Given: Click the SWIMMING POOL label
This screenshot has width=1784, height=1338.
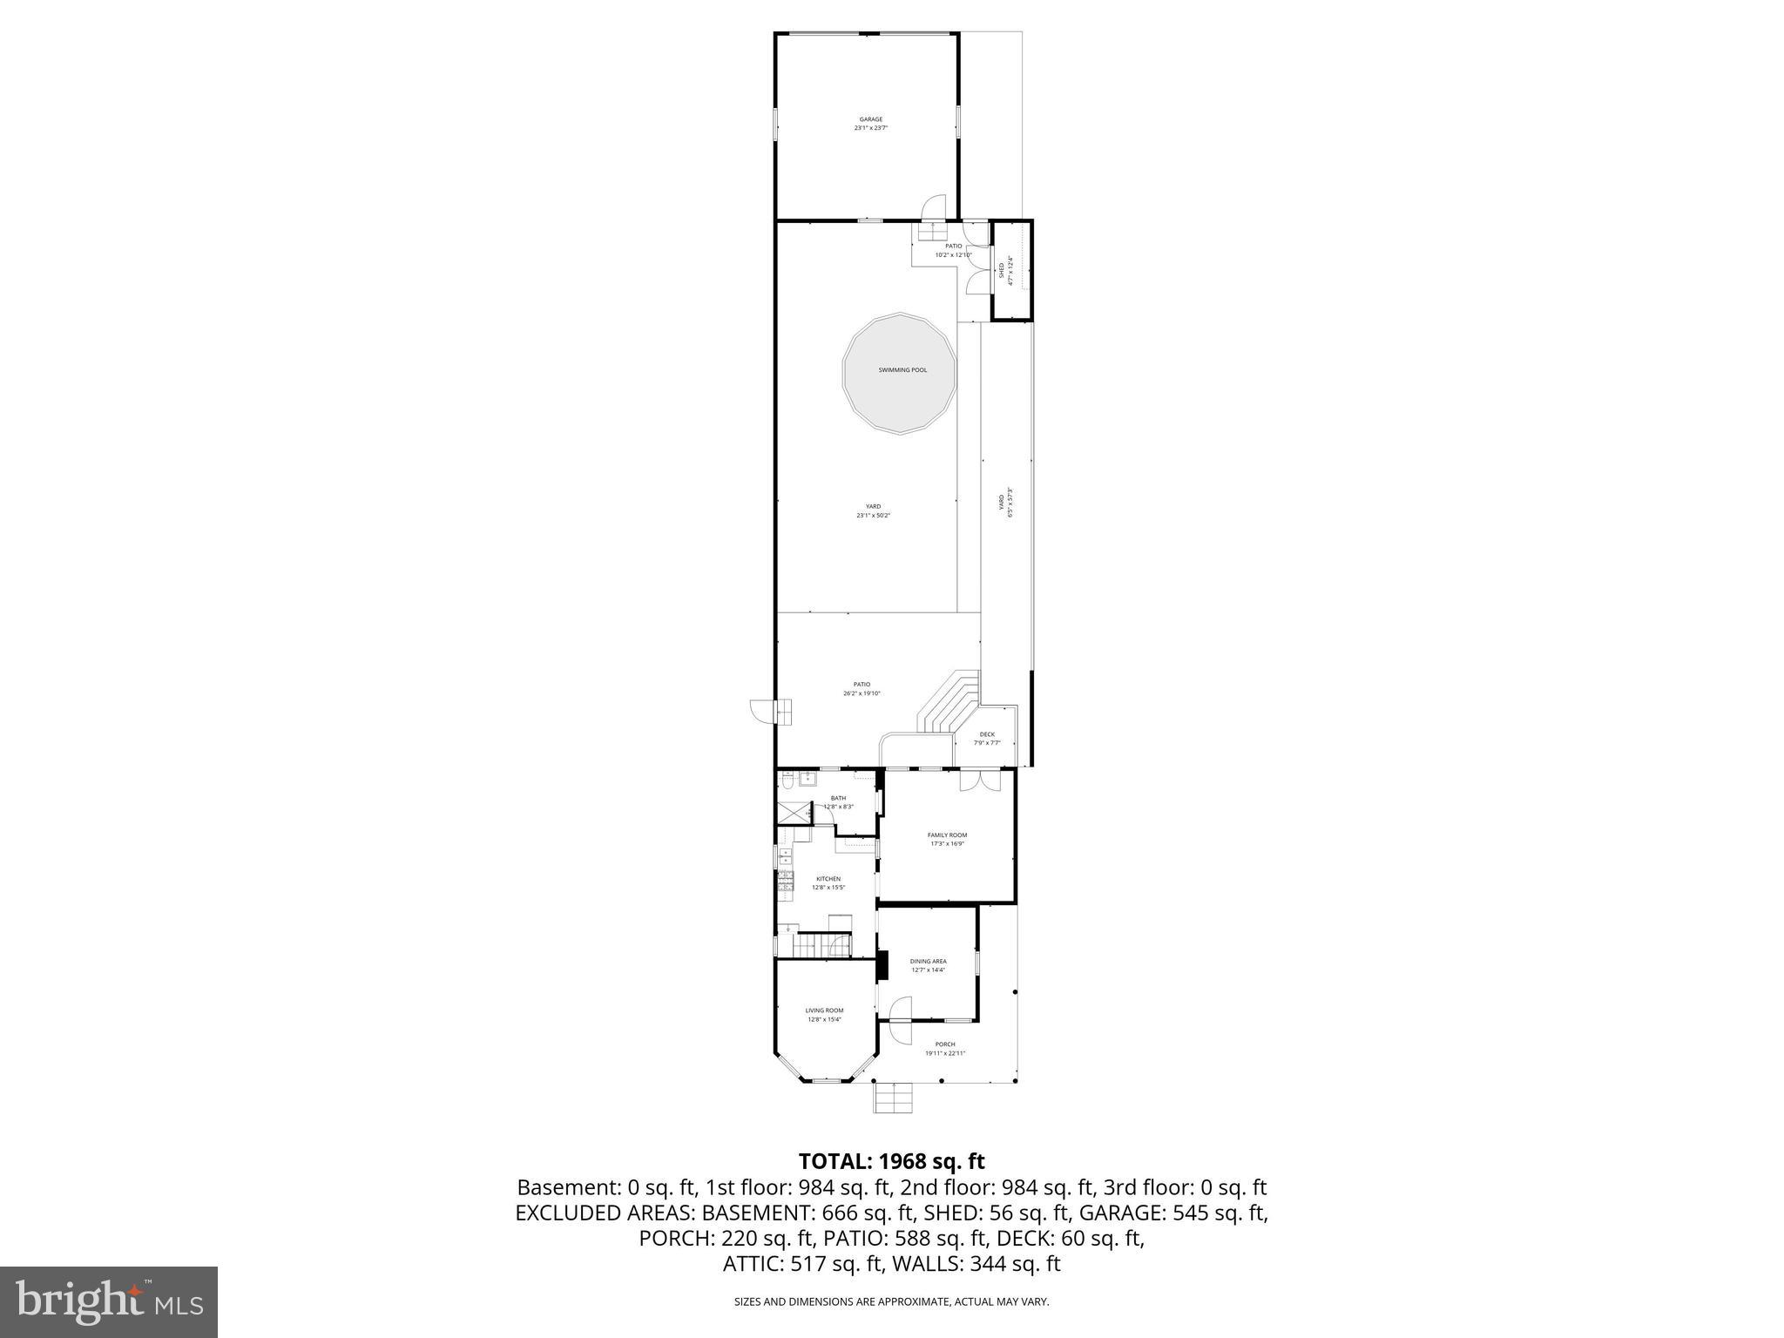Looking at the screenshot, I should pos(902,370).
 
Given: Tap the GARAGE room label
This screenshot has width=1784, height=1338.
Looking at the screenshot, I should pos(870,119).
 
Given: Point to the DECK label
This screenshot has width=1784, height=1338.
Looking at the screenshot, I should pos(987,734).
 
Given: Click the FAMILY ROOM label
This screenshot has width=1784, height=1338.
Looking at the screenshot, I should pos(947,835).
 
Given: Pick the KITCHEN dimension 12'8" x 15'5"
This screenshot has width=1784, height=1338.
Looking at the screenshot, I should pos(828,888).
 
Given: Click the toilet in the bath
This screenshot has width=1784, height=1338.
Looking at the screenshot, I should pos(787,781).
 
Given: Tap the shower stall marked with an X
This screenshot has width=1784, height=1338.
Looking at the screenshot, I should pos(793,813).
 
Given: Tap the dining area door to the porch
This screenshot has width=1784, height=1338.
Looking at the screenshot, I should pos(900,1009).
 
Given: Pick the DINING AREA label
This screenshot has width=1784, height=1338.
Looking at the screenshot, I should pos(928,962).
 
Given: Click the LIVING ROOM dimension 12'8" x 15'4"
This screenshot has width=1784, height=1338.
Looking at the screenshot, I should pos(824,1019).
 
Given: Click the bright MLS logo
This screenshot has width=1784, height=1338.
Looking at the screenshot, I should pos(109,1301).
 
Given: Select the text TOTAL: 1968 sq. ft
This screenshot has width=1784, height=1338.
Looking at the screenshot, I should pos(891,1161).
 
